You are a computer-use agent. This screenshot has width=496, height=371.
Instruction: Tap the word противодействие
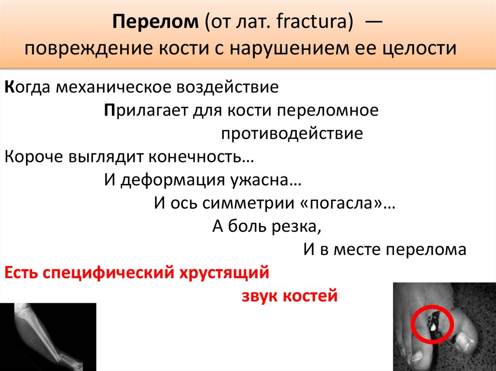coord(292,134)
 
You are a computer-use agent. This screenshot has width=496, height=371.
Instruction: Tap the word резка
coord(297,226)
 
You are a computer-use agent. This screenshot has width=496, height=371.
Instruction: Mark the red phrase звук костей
coord(289,296)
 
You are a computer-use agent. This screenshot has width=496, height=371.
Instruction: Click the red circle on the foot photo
coord(432,322)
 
